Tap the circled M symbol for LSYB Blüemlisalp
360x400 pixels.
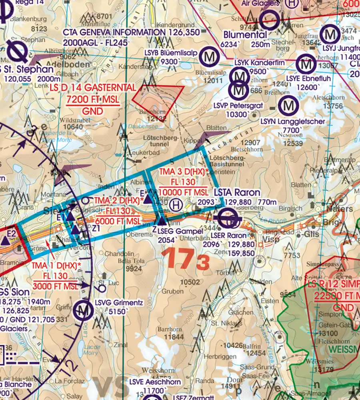coord(209,57)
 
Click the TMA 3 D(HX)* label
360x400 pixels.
coord(184,172)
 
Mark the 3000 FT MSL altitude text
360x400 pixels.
coord(55,286)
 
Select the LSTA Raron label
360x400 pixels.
coord(237,192)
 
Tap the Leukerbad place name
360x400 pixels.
coord(143,153)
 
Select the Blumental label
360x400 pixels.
coord(245,35)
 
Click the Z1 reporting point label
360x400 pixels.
coord(96,228)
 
